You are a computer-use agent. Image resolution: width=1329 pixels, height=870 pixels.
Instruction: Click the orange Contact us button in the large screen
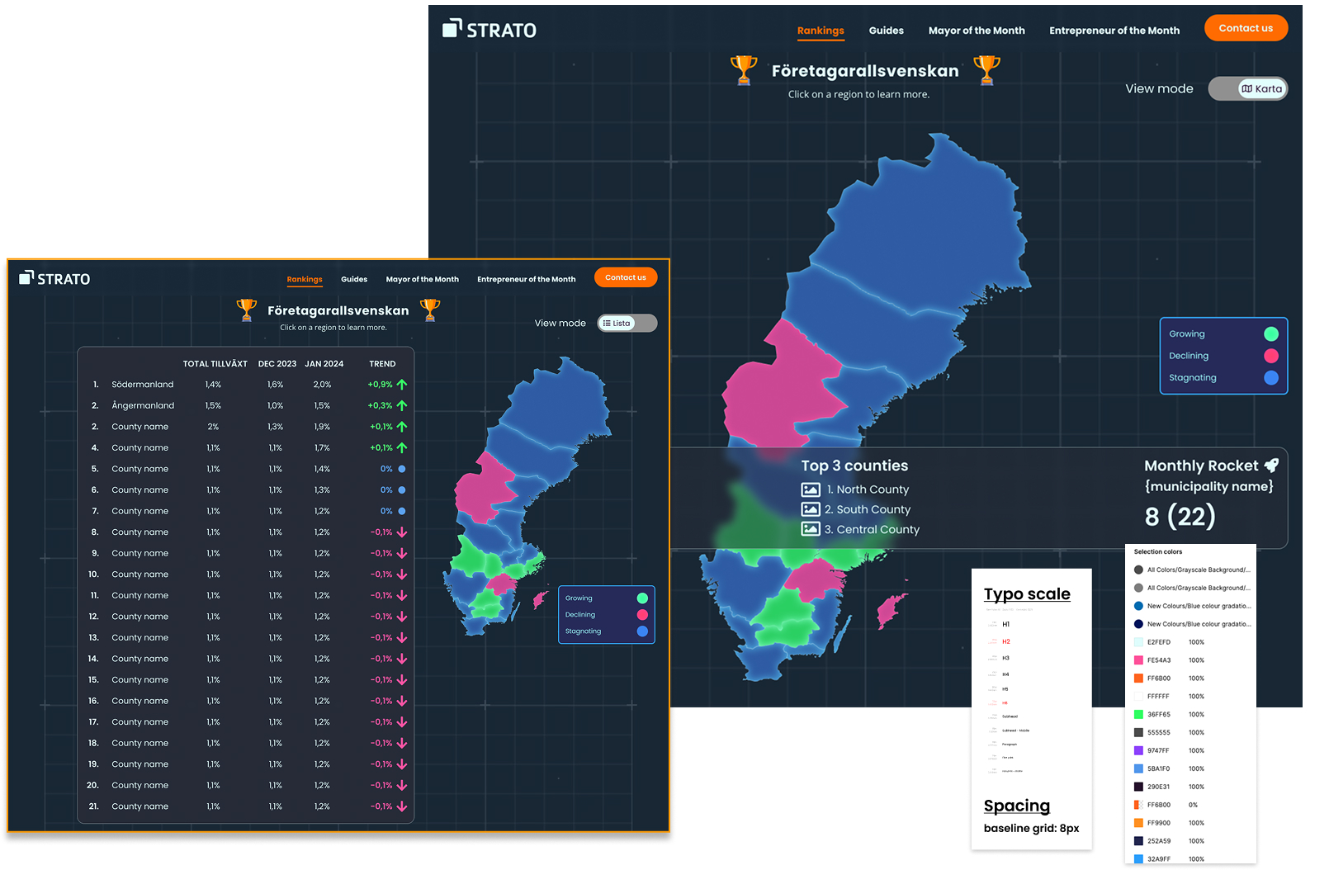[1245, 28]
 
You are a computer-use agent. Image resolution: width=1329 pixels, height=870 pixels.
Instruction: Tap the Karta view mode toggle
[1261, 88]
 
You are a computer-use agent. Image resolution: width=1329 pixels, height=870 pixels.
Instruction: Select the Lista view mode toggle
[617, 323]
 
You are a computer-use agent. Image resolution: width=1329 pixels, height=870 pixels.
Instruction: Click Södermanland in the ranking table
[143, 385]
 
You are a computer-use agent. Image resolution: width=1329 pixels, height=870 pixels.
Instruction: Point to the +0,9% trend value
[380, 385]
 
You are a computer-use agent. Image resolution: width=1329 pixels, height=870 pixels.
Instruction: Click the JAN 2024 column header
[324, 363]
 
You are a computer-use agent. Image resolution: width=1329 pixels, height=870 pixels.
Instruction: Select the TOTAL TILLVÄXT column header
[215, 363]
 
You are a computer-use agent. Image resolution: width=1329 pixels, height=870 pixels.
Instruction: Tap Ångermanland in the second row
[143, 405]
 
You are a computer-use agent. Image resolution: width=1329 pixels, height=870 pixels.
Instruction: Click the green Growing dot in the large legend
[1270, 333]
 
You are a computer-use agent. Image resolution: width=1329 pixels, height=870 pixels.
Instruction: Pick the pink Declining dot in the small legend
[642, 614]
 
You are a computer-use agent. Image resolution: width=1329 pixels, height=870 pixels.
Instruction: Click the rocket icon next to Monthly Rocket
[1271, 466]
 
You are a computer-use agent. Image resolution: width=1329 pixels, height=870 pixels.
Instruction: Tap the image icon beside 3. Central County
[811, 529]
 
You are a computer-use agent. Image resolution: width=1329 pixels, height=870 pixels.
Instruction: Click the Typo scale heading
[1026, 594]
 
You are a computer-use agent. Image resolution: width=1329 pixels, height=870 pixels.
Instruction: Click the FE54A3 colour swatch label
[1158, 660]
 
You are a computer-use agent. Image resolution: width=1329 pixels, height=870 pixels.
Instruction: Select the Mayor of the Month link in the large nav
[976, 31]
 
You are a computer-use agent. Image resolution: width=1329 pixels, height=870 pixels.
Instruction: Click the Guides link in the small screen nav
[354, 279]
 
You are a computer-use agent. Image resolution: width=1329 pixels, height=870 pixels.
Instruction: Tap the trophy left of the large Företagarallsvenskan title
[743, 70]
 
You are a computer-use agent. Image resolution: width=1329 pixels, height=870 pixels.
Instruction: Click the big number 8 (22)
[1179, 517]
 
